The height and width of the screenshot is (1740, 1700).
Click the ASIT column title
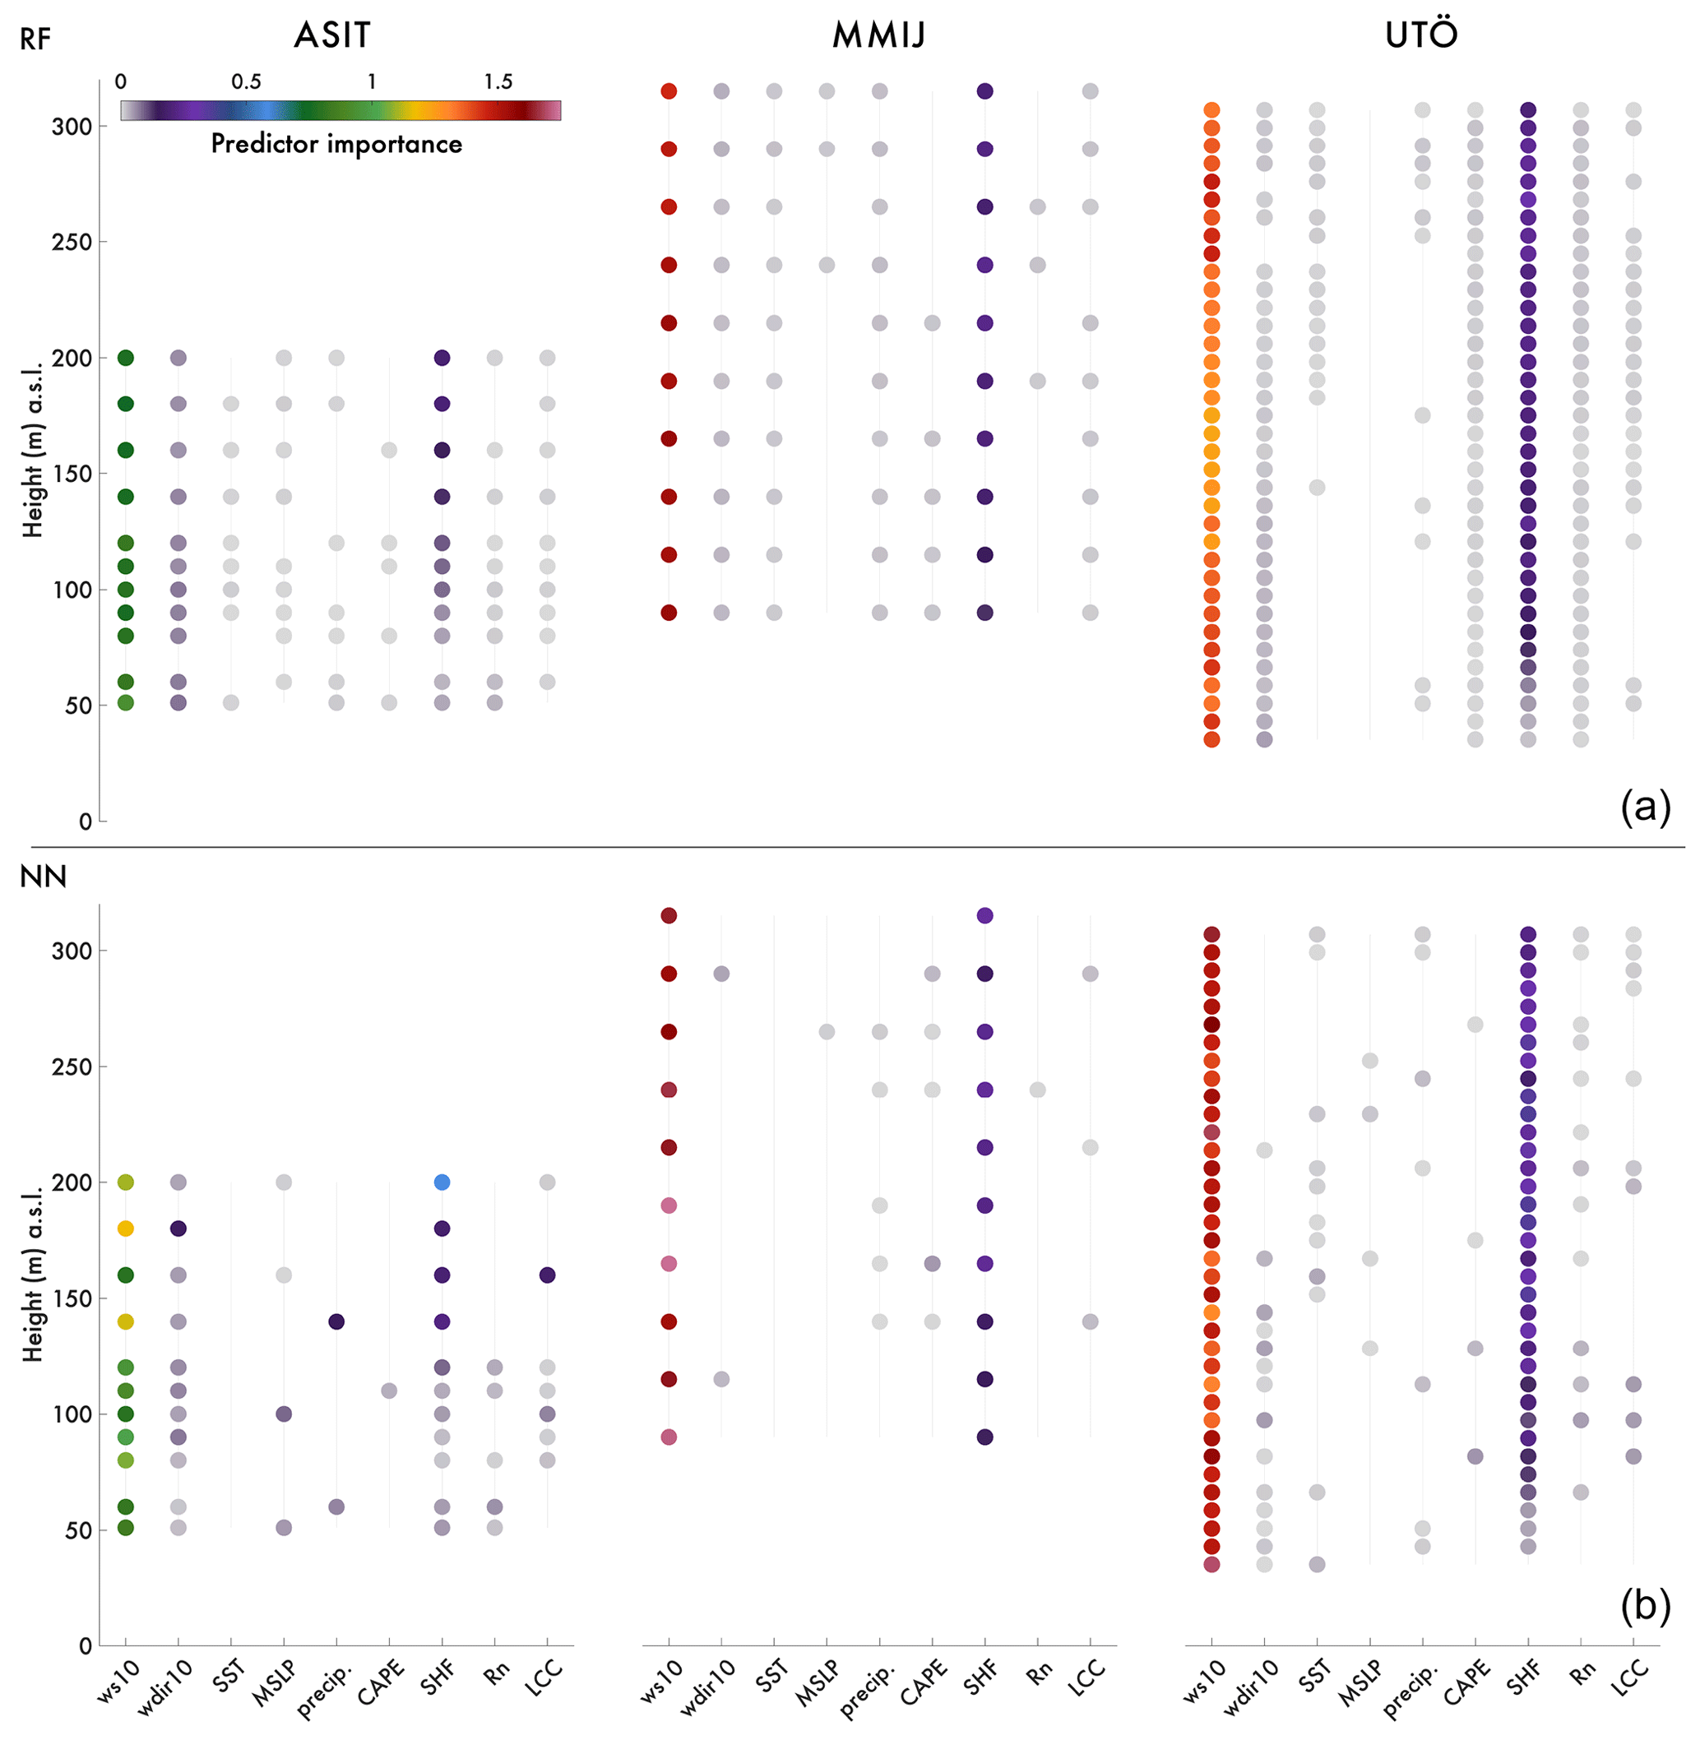click(x=332, y=35)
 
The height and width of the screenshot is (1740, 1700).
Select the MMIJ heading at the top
click(x=878, y=35)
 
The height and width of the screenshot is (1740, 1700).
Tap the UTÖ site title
click(x=1421, y=35)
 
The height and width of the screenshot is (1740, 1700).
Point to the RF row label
click(x=35, y=40)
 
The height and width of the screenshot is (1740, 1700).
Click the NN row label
click(x=43, y=877)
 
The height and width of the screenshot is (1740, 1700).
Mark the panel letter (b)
click(x=1645, y=1605)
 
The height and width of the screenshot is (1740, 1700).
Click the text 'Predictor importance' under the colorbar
click(x=336, y=144)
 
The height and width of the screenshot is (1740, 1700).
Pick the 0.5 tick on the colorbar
click(x=247, y=82)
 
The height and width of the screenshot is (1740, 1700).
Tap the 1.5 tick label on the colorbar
click(x=498, y=82)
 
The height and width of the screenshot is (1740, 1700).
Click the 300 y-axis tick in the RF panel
click(x=72, y=127)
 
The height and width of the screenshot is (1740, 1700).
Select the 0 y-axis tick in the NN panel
click(x=85, y=1645)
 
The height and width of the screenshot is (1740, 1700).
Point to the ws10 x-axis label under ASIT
click(x=118, y=1682)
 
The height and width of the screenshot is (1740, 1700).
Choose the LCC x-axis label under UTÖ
click(x=1629, y=1678)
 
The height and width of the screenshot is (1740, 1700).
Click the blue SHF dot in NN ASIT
click(x=442, y=1182)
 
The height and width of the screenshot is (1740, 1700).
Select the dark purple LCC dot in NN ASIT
click(x=547, y=1275)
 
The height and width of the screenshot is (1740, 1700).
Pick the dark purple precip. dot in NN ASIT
click(x=336, y=1321)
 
